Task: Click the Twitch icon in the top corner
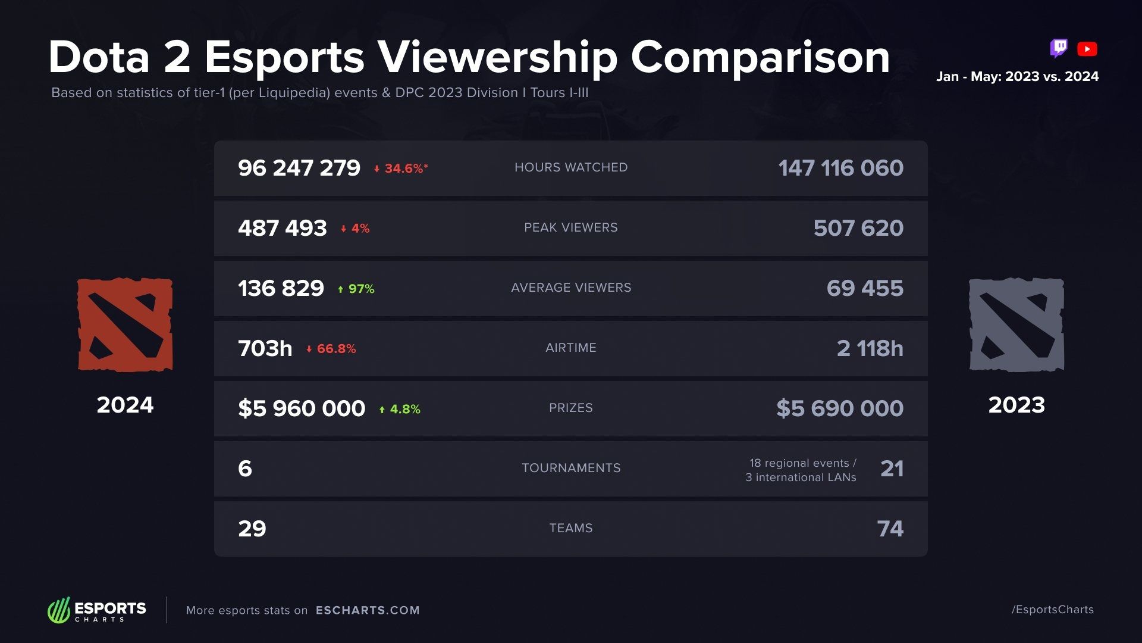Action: pos(1059,48)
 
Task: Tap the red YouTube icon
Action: pos(1087,49)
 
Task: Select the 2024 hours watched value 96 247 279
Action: pos(299,168)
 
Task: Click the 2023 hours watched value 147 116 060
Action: pos(840,168)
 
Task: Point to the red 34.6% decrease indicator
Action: pos(401,168)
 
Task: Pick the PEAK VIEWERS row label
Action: pos(570,227)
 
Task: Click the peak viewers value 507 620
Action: pos(858,228)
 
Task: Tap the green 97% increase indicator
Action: pos(356,289)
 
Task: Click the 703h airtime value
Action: pos(265,348)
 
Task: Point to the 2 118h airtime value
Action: pos(870,348)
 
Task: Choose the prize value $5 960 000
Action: pos(302,408)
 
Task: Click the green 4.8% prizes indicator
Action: pos(400,409)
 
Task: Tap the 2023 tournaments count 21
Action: pos(892,469)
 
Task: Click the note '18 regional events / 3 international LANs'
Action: pos(801,470)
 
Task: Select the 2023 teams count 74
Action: pos(890,529)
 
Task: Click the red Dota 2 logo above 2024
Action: pos(125,325)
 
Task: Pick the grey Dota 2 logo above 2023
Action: pos(1016,325)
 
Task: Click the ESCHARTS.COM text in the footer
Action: pos(368,610)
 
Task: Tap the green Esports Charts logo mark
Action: pos(59,610)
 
